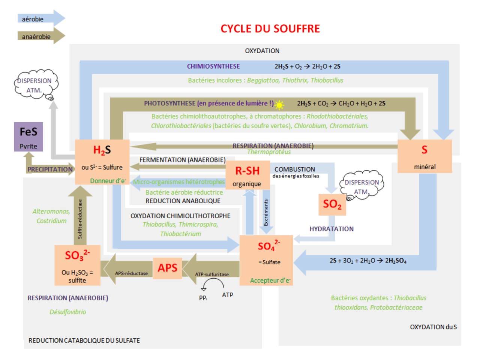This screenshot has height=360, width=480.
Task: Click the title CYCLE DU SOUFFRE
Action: coord(270,29)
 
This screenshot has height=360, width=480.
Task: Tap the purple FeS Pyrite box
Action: coord(28,137)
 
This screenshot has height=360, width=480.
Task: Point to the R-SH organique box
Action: coord(247,175)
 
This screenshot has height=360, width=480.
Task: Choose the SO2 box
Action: coord(332,204)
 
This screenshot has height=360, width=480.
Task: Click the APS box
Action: coord(167,268)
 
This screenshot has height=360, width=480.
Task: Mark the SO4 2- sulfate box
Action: coord(266,260)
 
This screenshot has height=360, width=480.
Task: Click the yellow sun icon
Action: coord(279,105)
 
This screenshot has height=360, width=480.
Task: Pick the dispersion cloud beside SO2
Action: coord(361,186)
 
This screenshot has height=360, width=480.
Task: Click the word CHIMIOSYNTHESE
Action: coord(213,66)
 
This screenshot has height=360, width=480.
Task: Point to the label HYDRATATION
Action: coord(331,229)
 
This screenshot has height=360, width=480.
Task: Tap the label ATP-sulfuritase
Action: coord(212,274)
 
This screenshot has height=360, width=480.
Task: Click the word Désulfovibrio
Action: coord(68,312)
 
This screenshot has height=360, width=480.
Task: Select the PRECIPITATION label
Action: coord(50,169)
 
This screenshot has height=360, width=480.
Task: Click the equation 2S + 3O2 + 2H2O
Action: coord(368,261)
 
